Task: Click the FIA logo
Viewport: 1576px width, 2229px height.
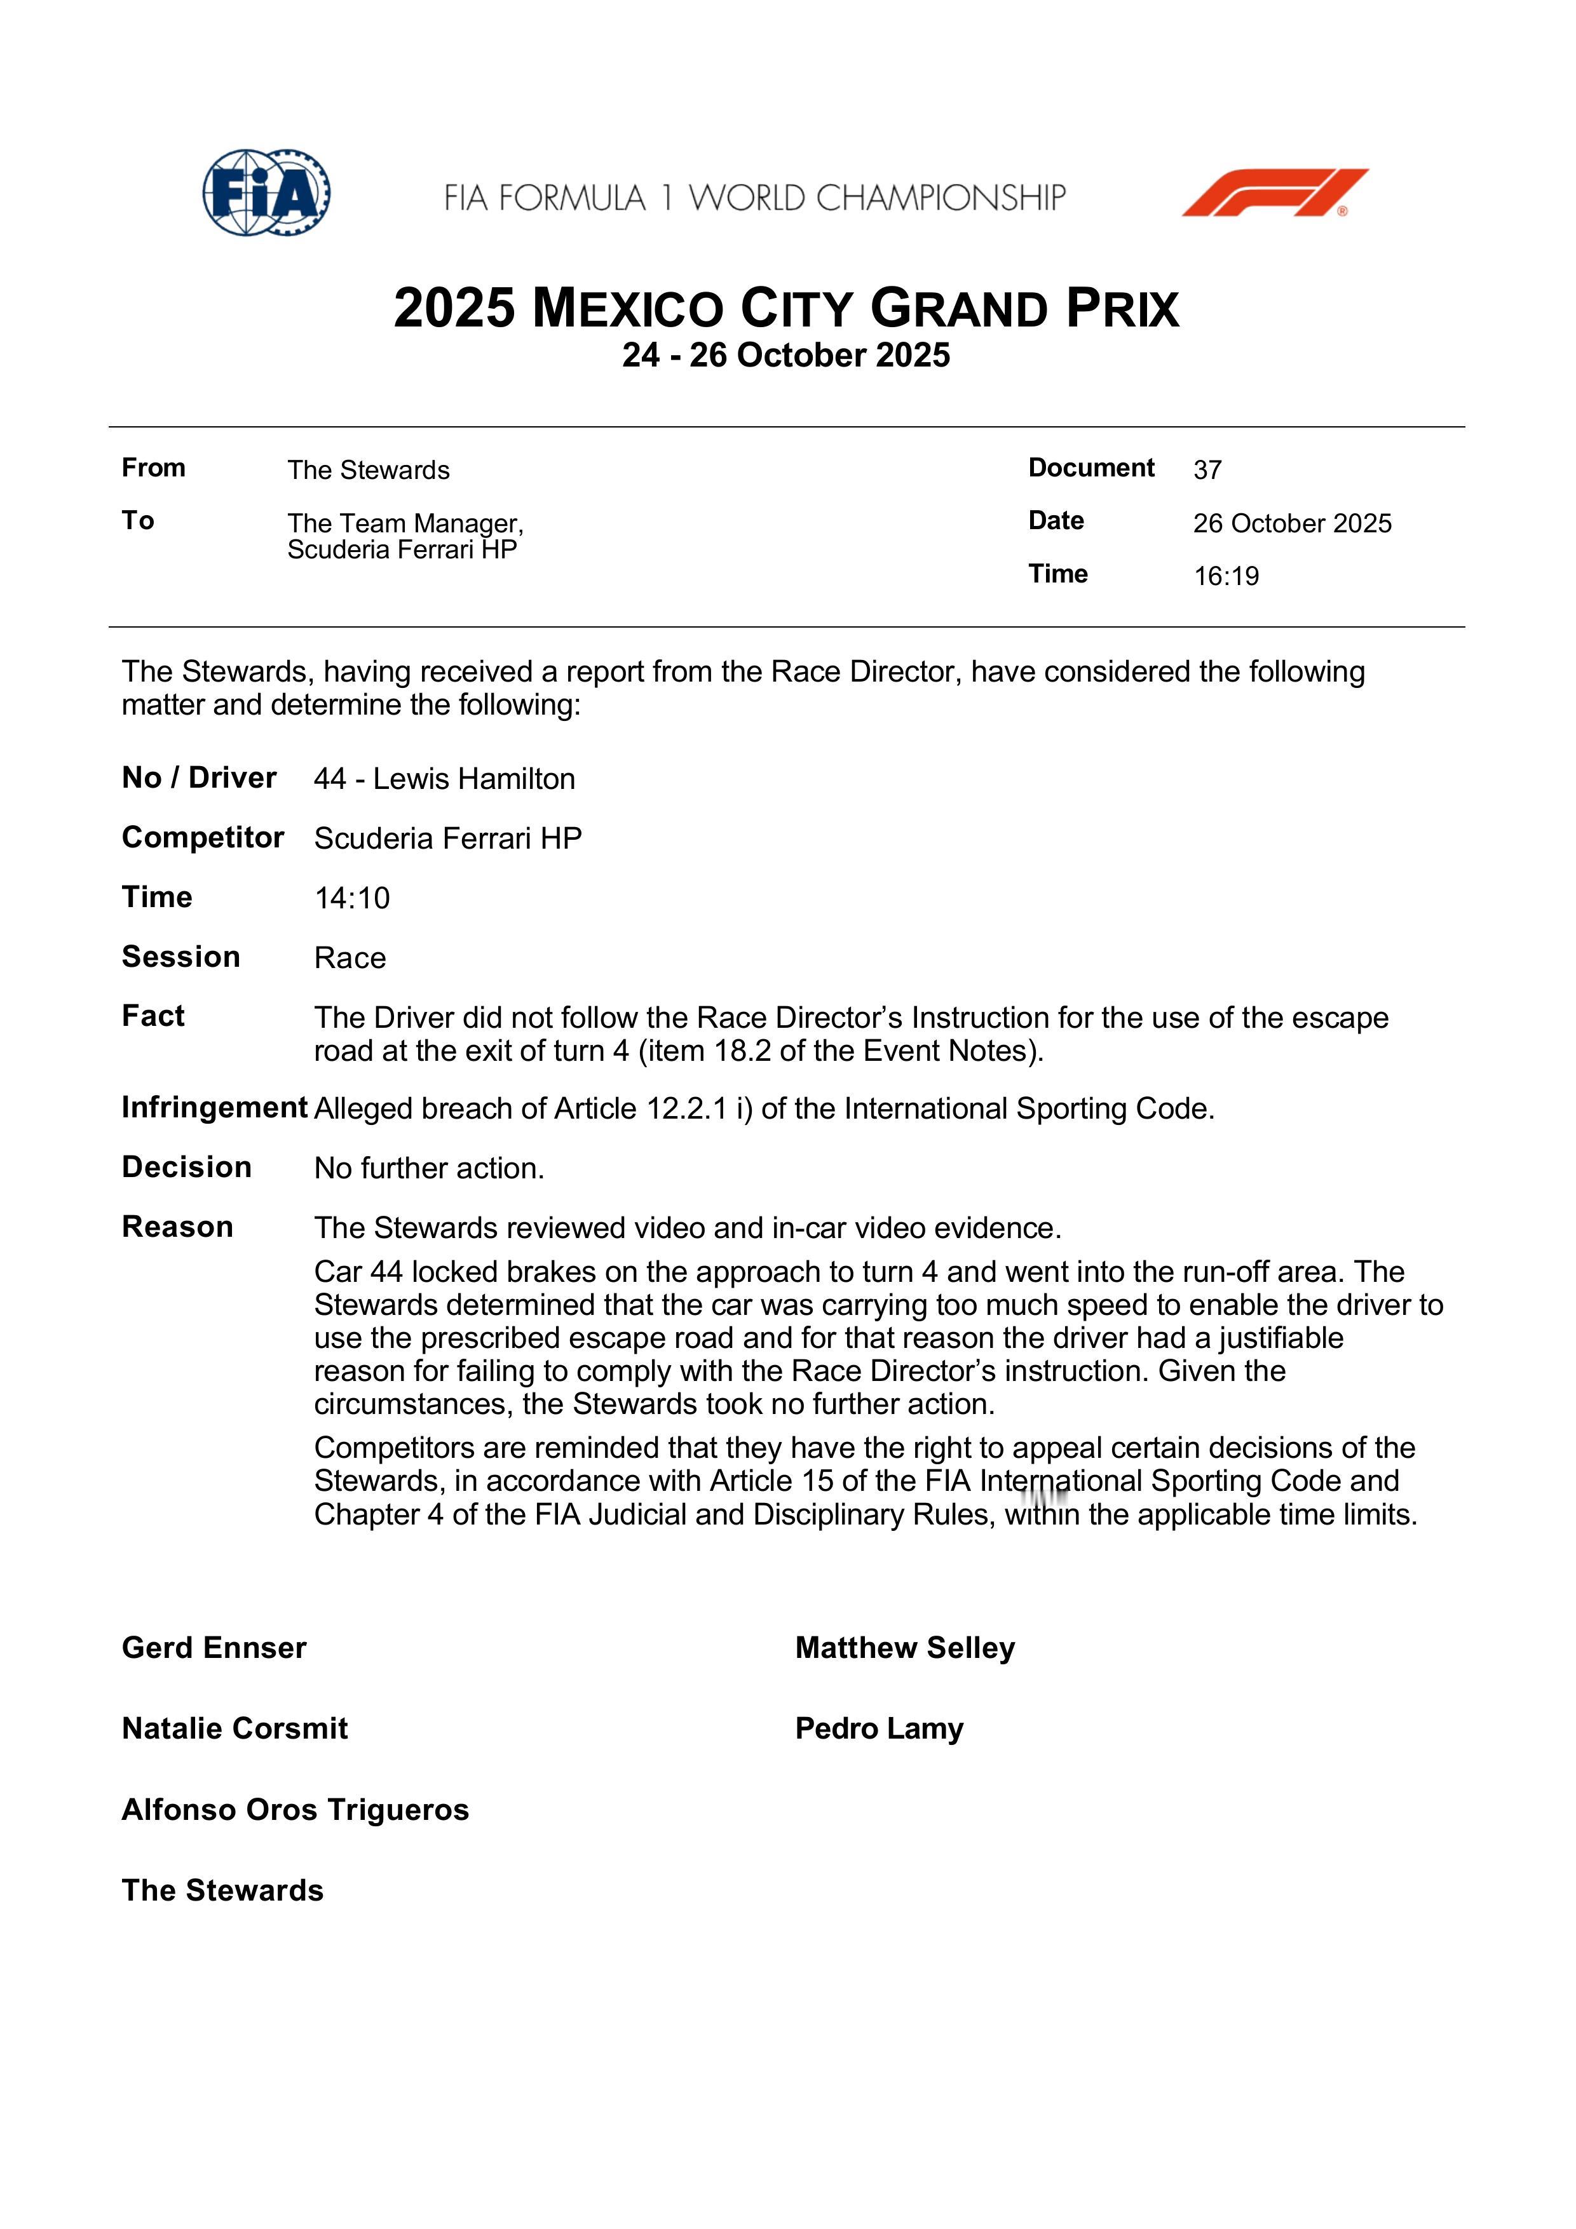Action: (266, 192)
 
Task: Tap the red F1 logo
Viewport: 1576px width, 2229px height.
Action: (1275, 192)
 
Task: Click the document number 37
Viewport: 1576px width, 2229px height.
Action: (1207, 470)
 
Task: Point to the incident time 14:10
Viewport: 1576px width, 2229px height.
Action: (351, 898)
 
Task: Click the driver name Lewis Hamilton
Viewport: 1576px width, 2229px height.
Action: (474, 779)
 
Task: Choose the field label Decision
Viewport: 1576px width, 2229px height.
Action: (186, 1167)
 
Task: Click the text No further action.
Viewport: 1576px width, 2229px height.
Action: (429, 1168)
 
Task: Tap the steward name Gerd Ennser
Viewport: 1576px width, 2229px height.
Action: (214, 1648)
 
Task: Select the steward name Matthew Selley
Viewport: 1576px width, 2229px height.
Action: (905, 1648)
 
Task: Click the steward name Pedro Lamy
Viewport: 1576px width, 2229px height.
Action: (879, 1728)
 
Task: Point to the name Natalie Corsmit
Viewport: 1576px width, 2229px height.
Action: (234, 1728)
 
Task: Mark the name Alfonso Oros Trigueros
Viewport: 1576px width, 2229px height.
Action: (295, 1810)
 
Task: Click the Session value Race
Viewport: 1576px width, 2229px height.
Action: (350, 958)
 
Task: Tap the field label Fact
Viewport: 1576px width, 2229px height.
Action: (153, 1016)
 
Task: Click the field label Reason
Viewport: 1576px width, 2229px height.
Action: (177, 1227)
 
